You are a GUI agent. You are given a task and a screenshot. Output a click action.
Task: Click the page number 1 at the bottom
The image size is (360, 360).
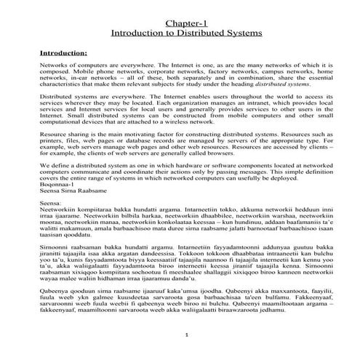click(188, 355)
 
